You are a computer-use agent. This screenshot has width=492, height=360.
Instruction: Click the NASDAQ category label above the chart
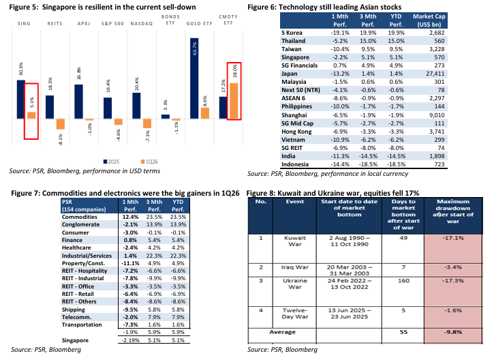141,22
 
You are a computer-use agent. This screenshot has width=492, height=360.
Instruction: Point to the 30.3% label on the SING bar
22,69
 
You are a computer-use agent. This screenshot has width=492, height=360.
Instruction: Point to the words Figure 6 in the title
262,7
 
